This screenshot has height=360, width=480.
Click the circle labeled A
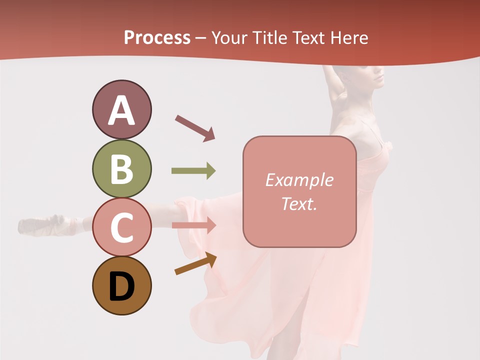pyautogui.click(x=121, y=109)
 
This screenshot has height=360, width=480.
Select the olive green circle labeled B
pyautogui.click(x=121, y=168)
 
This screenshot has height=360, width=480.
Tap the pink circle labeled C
pyautogui.click(x=121, y=227)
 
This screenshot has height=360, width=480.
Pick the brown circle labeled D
pyautogui.click(x=121, y=285)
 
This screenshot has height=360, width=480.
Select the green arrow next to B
pyautogui.click(x=193, y=171)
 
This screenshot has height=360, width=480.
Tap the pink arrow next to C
pyautogui.click(x=193, y=225)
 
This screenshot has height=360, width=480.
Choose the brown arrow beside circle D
pyautogui.click(x=195, y=264)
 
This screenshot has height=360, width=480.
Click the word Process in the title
pyautogui.click(x=157, y=38)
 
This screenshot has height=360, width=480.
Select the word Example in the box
pyautogui.click(x=299, y=180)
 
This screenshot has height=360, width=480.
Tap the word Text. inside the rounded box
pyautogui.click(x=299, y=203)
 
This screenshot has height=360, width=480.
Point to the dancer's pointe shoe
pyautogui.click(x=42, y=225)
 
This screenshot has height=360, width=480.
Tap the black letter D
pyautogui.click(x=121, y=287)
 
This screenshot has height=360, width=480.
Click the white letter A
pyautogui.click(x=121, y=110)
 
